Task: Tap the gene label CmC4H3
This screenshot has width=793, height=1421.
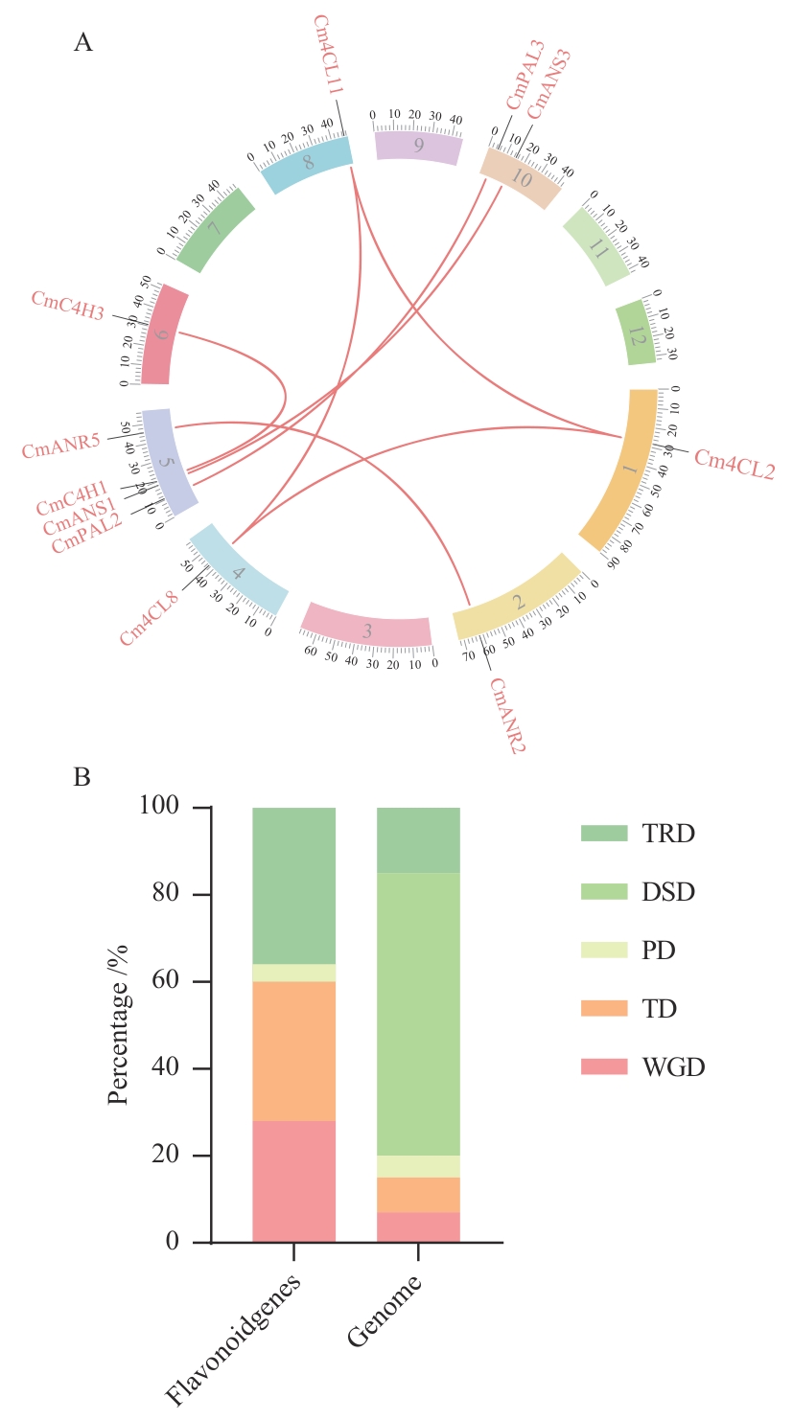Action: pyautogui.click(x=67, y=305)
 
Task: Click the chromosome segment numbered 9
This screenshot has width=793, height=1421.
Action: pyautogui.click(x=419, y=146)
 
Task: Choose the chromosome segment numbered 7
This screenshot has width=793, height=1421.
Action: pyautogui.click(x=214, y=229)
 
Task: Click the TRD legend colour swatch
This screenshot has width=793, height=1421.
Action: pyautogui.click(x=604, y=834)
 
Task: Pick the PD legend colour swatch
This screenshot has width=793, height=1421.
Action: pyautogui.click(x=604, y=951)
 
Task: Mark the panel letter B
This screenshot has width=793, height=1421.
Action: pyautogui.click(x=82, y=777)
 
